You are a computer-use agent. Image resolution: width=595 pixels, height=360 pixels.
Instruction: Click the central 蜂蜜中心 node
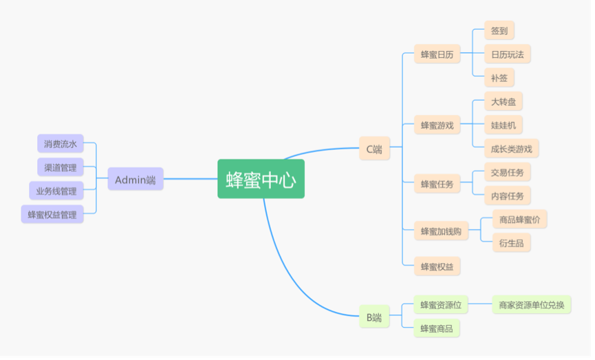tap(261, 179)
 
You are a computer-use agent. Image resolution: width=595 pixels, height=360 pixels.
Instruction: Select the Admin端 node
tap(135, 179)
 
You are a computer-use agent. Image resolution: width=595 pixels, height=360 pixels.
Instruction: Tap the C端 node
tap(374, 149)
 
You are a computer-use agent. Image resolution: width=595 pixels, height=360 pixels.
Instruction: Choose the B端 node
tap(374, 317)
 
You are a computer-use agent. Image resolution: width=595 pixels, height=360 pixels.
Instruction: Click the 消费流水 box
tap(60, 144)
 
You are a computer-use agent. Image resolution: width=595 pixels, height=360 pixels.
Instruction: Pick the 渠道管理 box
tap(60, 167)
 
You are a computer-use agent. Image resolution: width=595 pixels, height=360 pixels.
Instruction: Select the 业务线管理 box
tap(56, 191)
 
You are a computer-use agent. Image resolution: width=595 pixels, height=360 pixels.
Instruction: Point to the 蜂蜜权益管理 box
tap(52, 214)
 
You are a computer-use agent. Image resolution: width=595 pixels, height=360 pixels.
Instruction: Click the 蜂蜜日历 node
tap(436, 54)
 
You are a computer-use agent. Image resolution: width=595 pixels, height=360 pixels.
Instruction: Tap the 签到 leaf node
tap(499, 31)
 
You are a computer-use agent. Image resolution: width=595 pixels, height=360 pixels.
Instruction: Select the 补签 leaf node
tap(499, 78)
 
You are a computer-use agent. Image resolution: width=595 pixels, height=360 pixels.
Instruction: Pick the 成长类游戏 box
tap(511, 148)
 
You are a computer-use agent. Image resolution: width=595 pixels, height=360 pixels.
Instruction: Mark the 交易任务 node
tap(507, 172)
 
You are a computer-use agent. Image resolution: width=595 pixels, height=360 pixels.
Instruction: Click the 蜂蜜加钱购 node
tap(441, 231)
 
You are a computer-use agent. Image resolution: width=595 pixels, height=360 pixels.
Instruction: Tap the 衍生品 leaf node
tap(511, 242)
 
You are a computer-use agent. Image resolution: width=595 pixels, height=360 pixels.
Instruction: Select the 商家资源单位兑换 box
tap(532, 304)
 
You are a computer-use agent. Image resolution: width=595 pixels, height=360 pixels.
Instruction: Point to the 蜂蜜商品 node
tap(436, 328)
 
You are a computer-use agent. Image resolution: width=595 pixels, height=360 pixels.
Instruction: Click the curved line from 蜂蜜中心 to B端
tap(283, 266)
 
